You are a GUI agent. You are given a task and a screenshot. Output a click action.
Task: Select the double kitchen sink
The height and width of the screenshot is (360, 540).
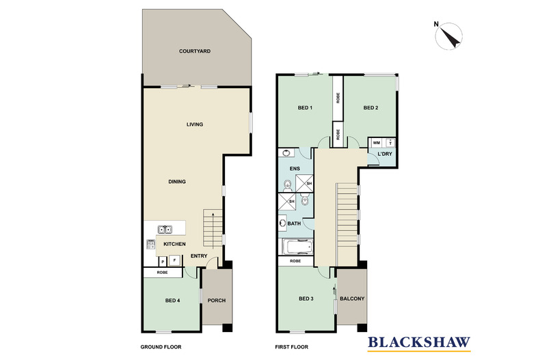point(165,230)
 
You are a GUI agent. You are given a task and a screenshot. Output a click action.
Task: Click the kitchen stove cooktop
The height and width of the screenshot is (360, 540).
point(148,245)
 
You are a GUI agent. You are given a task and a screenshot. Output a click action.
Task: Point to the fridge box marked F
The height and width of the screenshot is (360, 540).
point(175,260)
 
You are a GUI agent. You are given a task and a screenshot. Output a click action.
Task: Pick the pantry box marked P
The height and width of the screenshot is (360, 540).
point(162,260)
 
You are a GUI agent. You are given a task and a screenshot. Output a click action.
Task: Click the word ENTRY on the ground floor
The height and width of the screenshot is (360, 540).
point(199,256)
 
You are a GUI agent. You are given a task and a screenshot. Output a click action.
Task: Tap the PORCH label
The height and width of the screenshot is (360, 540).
point(216,301)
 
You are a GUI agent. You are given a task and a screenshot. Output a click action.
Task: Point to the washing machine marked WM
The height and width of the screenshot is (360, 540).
point(375,143)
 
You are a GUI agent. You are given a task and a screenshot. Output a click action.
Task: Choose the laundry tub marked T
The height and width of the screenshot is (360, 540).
point(390,143)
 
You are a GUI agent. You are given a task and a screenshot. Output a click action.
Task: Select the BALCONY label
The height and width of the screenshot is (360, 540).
point(352,299)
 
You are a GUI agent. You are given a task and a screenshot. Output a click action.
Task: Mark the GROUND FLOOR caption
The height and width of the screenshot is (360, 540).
point(161,347)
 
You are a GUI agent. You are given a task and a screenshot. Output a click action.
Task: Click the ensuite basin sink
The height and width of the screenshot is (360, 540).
point(285,154)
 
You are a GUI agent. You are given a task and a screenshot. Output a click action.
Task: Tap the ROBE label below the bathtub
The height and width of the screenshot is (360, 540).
point(295,261)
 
